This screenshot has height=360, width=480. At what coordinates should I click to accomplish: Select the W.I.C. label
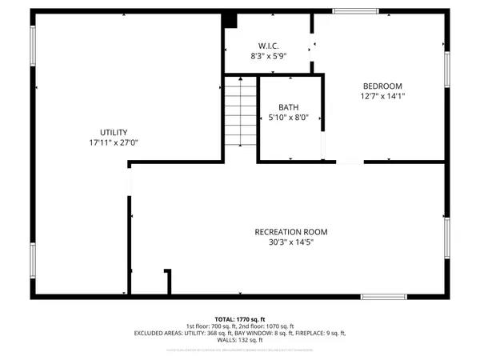pos(266,45)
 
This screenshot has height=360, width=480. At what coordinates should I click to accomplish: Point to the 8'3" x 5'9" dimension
pos(266,56)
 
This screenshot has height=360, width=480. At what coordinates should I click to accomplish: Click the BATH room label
pos(288,107)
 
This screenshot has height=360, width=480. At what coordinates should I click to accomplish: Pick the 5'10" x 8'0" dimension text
pos(288,118)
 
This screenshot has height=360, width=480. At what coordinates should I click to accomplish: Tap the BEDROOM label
pos(382,86)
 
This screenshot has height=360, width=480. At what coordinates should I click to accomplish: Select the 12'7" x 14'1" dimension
pos(382,98)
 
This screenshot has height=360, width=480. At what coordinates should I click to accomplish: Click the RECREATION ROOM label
pos(291,232)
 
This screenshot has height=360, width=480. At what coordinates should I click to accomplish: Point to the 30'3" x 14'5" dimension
pos(291,243)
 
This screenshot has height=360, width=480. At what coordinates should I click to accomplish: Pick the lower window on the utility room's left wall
pos(32,263)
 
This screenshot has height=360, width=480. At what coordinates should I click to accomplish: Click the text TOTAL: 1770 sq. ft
pos(240,318)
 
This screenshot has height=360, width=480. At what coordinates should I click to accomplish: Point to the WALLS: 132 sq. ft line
pos(240,342)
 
